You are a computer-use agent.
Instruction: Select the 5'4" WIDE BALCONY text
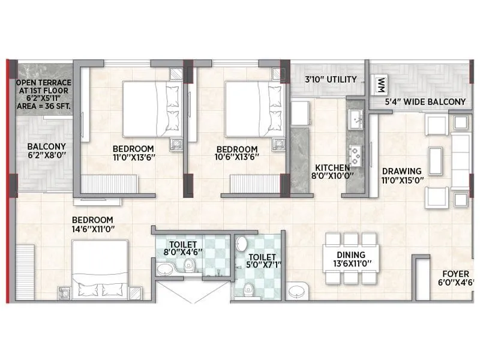(425, 101)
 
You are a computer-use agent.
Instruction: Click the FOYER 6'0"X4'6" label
(454, 279)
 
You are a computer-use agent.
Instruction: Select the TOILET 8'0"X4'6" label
(180, 248)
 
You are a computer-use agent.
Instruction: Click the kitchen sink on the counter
(355, 117)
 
